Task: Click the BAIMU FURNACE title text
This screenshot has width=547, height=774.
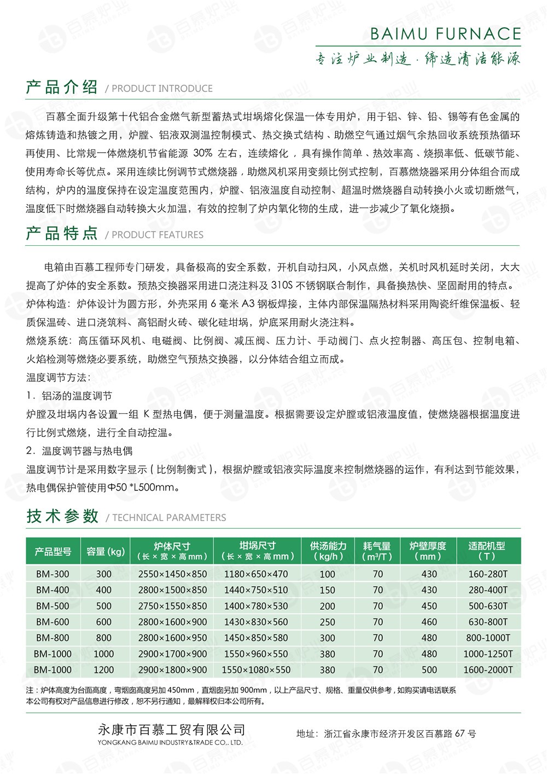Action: coord(445,34)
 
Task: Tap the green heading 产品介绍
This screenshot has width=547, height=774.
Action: coord(62,87)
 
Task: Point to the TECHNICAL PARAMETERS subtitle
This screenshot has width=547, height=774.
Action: coord(168,517)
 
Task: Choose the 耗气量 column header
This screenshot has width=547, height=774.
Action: coord(377,551)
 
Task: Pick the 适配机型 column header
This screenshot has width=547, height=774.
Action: coord(486,551)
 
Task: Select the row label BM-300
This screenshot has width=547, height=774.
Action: coord(53,574)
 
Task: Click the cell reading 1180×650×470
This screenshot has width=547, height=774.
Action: coord(256,574)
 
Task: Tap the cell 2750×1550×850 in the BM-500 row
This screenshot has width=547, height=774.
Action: coord(172,606)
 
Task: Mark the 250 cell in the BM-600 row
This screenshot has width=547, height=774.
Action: coord(328,622)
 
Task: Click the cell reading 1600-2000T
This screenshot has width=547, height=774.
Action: coord(488,669)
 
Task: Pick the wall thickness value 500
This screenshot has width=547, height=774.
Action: coord(429,669)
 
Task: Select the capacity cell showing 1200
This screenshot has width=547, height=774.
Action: coord(103,669)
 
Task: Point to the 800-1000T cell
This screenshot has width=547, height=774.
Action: coord(488,638)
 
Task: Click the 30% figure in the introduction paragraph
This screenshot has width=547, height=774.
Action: coord(203,153)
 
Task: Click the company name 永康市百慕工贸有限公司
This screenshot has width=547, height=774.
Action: coord(171,730)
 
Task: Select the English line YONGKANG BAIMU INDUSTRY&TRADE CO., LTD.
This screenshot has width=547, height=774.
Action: coord(170,743)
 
